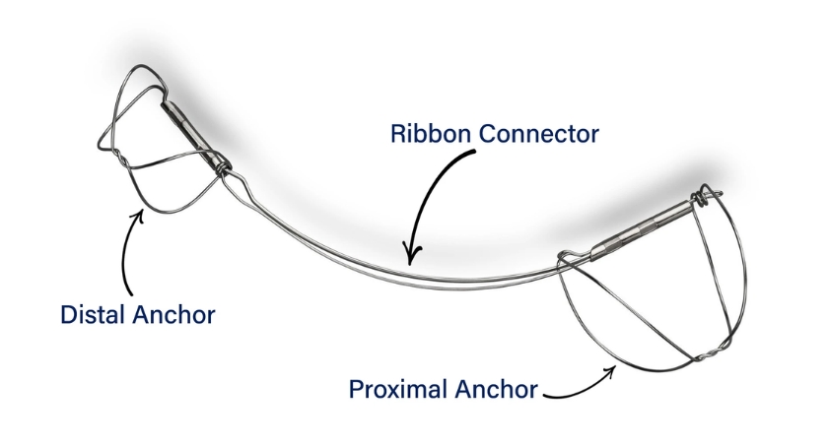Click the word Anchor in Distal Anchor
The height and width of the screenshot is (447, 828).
click(173, 314)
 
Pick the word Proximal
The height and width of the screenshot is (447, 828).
click(398, 390)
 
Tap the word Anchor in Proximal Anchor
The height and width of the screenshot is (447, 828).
click(496, 390)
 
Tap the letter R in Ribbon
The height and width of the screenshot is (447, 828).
click(397, 134)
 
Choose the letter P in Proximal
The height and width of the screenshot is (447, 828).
click(356, 390)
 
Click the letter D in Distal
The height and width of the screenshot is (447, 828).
click(69, 314)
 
